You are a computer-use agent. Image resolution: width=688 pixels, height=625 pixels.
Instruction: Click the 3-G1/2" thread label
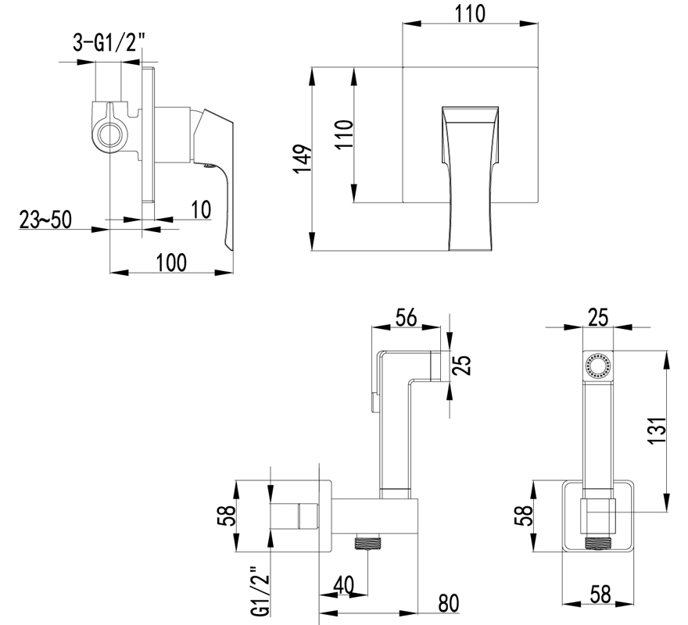(x=108, y=44)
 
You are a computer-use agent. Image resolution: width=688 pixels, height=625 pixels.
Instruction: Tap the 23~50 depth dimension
(x=45, y=220)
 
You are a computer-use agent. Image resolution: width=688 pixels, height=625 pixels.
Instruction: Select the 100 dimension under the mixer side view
(x=171, y=262)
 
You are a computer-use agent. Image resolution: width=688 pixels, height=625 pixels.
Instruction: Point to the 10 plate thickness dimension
(x=202, y=209)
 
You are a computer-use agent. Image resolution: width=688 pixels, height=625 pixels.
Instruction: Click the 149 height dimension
(x=303, y=159)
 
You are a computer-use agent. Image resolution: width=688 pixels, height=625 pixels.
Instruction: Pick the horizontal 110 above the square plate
(x=470, y=13)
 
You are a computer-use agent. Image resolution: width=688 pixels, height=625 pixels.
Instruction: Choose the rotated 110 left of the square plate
(x=345, y=134)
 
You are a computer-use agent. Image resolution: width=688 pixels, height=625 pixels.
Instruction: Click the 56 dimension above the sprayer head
(x=406, y=317)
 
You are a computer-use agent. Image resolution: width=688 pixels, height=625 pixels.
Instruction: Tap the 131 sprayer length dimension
(x=658, y=430)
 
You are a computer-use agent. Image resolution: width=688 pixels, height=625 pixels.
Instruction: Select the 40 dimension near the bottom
(x=343, y=585)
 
